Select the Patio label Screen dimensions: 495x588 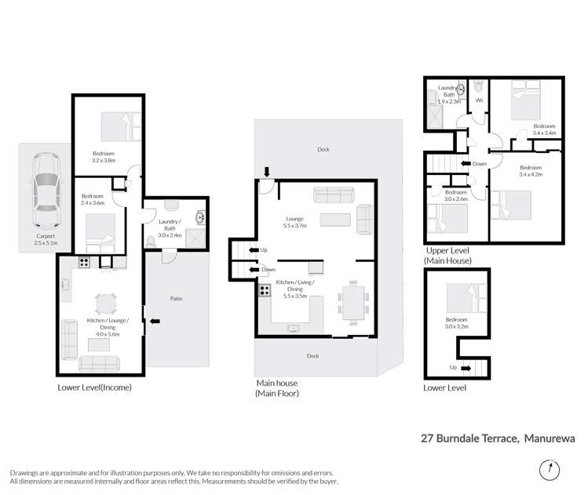point(177,297)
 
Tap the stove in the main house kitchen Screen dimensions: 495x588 point(265,289)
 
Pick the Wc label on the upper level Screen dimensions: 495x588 point(479,100)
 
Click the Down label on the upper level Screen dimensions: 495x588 point(477,163)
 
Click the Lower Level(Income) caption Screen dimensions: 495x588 point(94,388)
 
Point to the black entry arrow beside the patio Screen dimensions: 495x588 point(154,320)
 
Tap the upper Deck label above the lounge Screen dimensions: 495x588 point(323,150)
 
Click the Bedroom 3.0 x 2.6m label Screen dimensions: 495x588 point(455,195)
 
